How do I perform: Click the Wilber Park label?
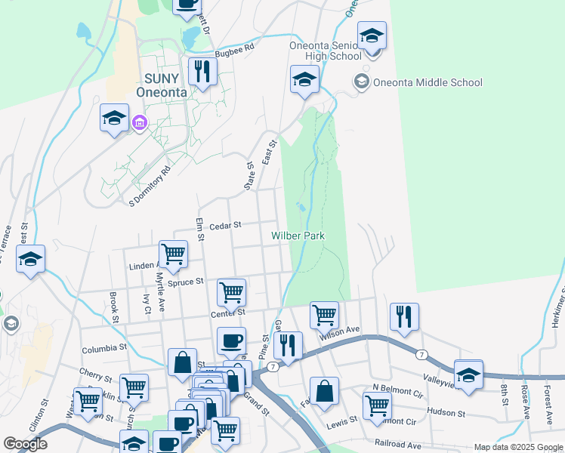298,236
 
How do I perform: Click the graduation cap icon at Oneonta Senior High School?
372,36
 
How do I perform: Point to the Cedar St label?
225,225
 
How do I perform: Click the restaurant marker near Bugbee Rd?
202,72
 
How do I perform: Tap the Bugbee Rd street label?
234,48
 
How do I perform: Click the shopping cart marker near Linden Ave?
173,254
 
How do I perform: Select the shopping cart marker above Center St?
231,291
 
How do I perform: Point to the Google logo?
26,444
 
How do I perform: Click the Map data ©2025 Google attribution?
518,447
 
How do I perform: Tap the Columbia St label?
104,348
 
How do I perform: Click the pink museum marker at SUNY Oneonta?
139,122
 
